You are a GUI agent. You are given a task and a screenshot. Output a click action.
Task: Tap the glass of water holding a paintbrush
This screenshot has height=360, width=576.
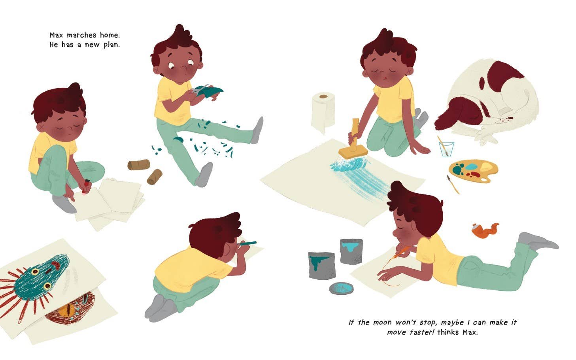tap(446, 149)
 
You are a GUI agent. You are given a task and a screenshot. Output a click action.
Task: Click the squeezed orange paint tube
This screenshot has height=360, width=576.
tap(485, 230)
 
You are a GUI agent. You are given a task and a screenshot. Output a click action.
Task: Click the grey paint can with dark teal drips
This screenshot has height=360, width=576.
tap(321, 265)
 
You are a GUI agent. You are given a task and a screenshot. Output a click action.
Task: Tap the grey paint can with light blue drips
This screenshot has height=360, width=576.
tap(351, 251)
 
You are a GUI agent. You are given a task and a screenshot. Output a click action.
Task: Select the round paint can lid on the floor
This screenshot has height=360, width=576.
tap(341, 288)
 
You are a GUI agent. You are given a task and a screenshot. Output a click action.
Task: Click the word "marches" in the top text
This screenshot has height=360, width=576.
tap(82, 35)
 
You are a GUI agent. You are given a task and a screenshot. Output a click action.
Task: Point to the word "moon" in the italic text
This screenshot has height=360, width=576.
tap(383, 322)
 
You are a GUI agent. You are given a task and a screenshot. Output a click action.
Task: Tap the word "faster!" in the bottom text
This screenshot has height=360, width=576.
tap(420, 332)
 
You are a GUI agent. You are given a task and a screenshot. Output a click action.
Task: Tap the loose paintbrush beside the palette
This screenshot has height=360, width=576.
tap(453, 184)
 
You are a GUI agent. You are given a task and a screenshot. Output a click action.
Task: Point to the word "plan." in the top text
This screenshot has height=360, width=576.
tap(111, 45)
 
